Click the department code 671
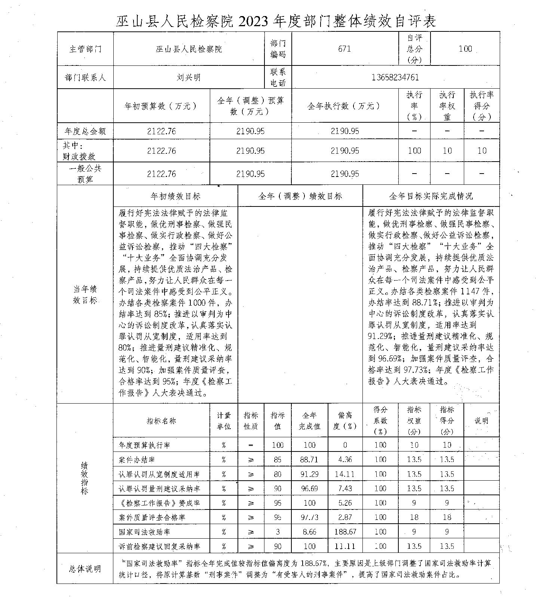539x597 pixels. point(344,49)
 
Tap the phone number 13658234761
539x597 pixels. point(395,77)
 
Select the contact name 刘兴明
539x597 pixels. point(189,77)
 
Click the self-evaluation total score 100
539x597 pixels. point(465,49)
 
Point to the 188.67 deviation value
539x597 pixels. point(345,532)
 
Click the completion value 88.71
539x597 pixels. point(309,459)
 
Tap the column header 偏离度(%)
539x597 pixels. point(345,421)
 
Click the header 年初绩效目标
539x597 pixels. point(175,196)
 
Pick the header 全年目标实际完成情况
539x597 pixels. point(431,196)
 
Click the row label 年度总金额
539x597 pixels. point(85,131)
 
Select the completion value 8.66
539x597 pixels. point(309,532)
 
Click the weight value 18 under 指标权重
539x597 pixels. point(414,517)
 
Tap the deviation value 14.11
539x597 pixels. point(345,474)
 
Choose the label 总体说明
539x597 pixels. point(85,569)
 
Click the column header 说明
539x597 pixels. point(481,421)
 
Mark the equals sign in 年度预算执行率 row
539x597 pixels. point(251,445)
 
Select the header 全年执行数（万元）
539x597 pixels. point(344,106)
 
